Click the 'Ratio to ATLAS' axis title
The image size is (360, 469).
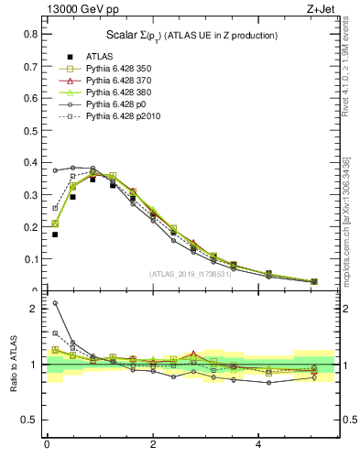pyautogui.click(x=13, y=365)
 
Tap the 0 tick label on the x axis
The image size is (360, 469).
pyautogui.click(x=47, y=445)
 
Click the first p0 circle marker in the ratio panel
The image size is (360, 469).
pyautogui.click(x=55, y=303)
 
